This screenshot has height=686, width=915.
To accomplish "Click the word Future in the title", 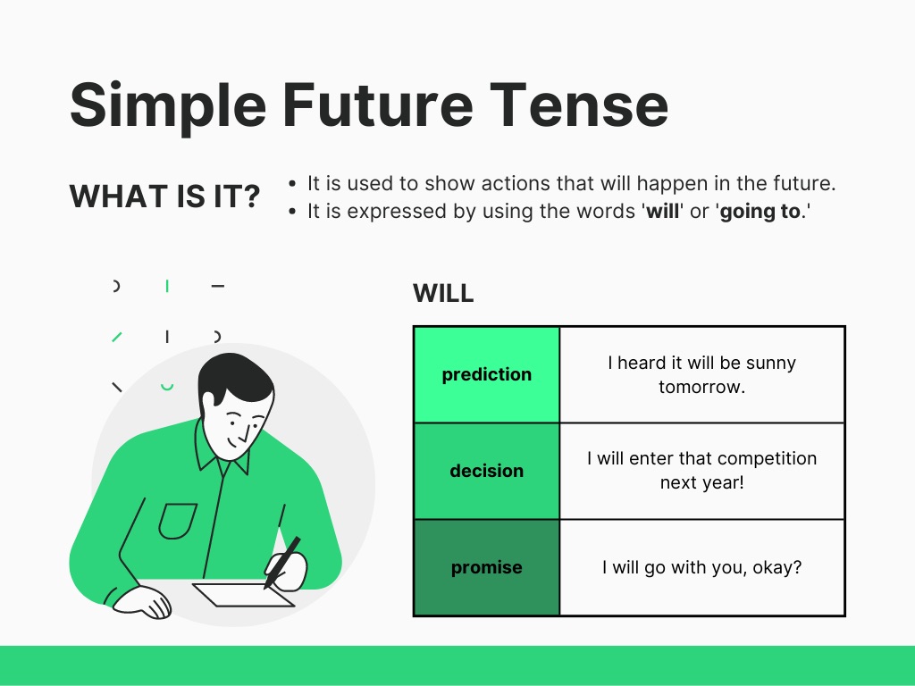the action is coord(378,105).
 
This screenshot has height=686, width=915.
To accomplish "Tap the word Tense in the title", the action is coord(579,105).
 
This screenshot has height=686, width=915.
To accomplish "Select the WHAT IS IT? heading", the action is coord(164,196).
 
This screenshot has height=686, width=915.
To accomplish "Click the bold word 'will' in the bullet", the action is coord(662,211).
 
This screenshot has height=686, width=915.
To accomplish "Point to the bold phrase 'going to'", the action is coord(760,211).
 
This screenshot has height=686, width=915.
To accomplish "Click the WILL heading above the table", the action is coord(443,293).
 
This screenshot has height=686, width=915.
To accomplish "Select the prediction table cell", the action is coord(487,374).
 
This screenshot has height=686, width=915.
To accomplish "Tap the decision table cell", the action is coord(487,471).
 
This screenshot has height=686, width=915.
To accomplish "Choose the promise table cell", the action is coord(487,567).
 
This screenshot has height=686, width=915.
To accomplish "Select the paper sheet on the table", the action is coord(243,594).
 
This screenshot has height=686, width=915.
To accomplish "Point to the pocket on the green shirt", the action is coord(178,521).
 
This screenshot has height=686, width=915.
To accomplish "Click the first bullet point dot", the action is coord(292,184).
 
